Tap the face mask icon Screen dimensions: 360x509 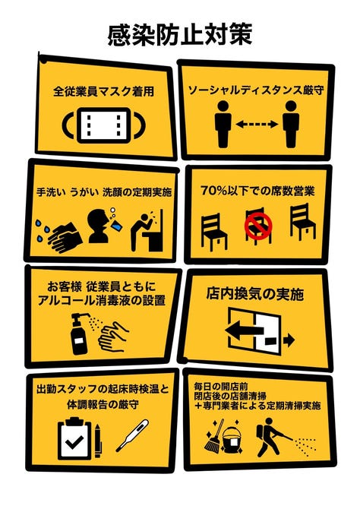coord(103,125)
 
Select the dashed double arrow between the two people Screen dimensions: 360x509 coord(257,124)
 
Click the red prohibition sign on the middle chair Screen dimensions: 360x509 coord(258,226)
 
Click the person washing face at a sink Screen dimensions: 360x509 coord(146,231)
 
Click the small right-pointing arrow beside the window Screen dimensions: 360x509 coord(289,340)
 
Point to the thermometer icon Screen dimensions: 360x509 coord(132,435)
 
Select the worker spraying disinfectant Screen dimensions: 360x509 coord(271,438)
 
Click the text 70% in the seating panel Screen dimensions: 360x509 coord(213,191)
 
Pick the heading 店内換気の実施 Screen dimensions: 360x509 coord(255,294)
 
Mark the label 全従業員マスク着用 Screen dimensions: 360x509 coord(103,91)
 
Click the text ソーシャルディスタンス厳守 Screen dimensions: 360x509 coord(256,90)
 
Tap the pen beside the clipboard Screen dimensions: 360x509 coord(98,441)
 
